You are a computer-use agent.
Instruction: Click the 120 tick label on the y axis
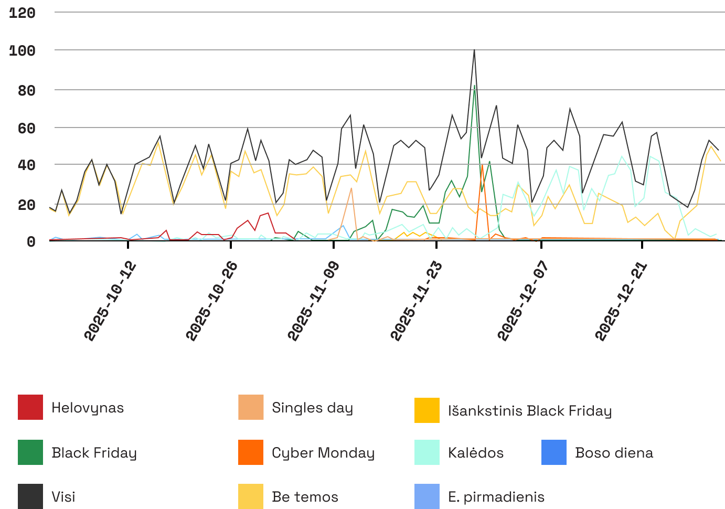tap(23, 13)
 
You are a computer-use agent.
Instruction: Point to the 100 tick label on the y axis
tap(23, 51)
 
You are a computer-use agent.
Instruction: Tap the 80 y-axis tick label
tap(26, 90)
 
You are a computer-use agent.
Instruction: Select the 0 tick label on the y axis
tap(31, 241)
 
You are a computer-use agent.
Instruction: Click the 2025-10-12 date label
tap(111, 301)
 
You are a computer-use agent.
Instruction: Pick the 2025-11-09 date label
tap(314, 301)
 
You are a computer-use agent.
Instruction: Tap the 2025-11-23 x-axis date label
tap(417, 301)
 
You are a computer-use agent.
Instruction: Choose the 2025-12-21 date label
tap(622, 301)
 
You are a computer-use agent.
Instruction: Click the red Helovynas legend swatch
tap(30, 407)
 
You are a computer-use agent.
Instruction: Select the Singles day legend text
tap(312, 408)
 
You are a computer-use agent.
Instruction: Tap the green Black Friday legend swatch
tap(30, 452)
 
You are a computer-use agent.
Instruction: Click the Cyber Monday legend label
tap(323, 453)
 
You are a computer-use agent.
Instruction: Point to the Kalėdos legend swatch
tap(427, 452)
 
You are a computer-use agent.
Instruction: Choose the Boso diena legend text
tap(614, 453)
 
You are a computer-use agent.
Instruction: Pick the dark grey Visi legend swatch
tap(30, 496)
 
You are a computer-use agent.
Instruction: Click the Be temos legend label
tap(305, 497)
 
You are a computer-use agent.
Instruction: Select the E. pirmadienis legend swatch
tap(427, 496)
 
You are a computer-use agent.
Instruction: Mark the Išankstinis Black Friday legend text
tap(530, 411)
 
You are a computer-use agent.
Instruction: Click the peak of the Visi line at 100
tap(474, 50)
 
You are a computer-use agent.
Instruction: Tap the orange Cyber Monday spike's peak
tap(482, 165)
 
